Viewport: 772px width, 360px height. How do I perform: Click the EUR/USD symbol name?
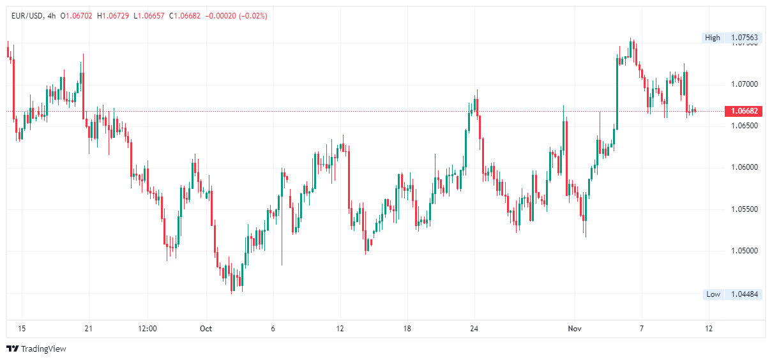click(26, 16)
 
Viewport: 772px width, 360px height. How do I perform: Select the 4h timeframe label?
click(51, 16)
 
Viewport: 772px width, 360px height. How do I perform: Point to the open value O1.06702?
click(77, 16)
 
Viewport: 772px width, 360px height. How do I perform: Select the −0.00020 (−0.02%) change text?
click(237, 16)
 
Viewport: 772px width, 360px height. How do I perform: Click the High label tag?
click(712, 38)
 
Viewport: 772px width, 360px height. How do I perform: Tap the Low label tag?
click(713, 294)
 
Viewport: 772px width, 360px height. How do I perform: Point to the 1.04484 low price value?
click(745, 294)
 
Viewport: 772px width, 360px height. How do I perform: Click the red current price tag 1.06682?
click(745, 111)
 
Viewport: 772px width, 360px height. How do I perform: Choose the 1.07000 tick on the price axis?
click(745, 84)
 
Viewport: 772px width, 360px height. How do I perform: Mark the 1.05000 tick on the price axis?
click(745, 251)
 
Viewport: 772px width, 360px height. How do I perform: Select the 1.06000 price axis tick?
click(745, 167)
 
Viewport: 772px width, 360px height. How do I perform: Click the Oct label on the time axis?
click(206, 329)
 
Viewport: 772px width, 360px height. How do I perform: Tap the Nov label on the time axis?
click(574, 329)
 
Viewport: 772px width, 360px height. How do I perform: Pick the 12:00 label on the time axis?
click(148, 329)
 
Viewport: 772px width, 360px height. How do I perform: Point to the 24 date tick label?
click(474, 329)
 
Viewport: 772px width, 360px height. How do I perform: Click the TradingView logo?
click(36, 349)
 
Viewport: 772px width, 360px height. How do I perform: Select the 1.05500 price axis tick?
click(745, 209)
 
